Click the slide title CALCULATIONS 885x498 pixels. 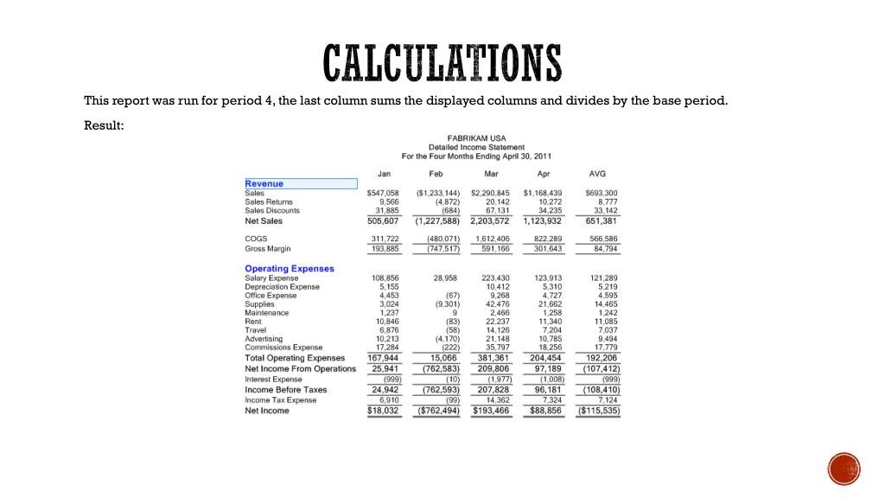(442, 62)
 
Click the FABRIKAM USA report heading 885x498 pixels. (476, 138)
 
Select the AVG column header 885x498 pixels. (597, 174)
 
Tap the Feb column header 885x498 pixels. (436, 174)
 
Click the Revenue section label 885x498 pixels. (264, 183)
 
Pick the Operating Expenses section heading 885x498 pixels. (289, 269)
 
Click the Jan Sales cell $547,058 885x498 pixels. (383, 193)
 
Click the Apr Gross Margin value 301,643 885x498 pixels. (544, 249)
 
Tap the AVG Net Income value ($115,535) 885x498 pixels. (598, 411)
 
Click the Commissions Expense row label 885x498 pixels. (283, 348)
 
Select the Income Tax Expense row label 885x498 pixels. (280, 400)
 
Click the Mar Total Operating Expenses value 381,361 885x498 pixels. (491, 358)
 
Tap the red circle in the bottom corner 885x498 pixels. (844, 469)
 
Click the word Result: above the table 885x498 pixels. (104, 126)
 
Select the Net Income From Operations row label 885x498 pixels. (300, 369)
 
